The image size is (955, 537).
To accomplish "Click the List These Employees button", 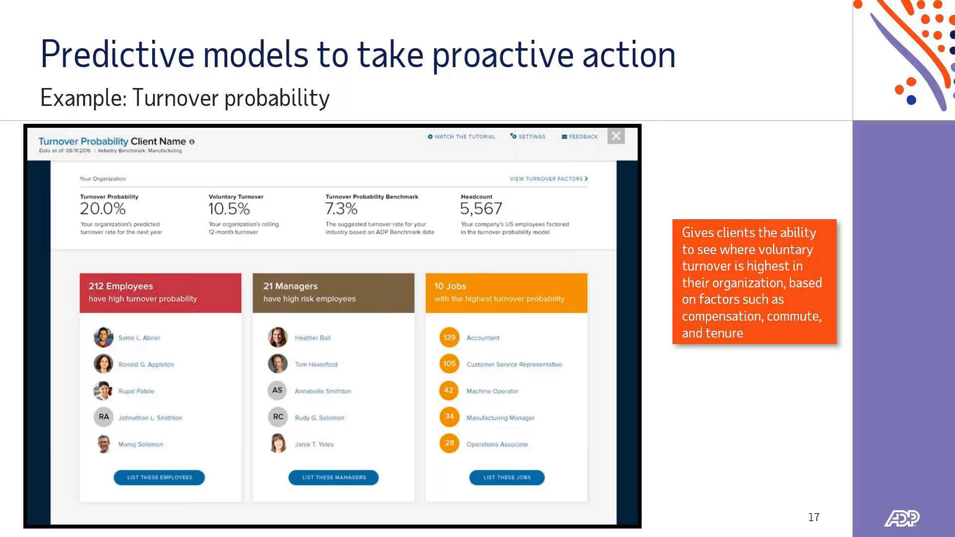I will click(x=159, y=477).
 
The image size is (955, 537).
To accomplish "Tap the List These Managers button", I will click(x=333, y=477).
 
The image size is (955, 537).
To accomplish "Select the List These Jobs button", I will click(x=507, y=477).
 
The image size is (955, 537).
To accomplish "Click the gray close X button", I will click(x=616, y=136).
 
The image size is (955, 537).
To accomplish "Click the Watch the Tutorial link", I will click(x=462, y=137).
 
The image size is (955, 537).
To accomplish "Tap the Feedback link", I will click(x=580, y=137).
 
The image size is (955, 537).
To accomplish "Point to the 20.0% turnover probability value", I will click(x=103, y=209).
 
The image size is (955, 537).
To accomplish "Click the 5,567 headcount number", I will click(x=481, y=209).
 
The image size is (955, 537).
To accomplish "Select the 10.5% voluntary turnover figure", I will click(x=229, y=209).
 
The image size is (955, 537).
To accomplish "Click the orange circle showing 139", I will click(x=449, y=338).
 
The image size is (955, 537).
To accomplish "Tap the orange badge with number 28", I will click(x=449, y=443).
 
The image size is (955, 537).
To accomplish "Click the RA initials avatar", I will click(x=103, y=417).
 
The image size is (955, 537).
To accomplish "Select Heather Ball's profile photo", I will click(x=278, y=337).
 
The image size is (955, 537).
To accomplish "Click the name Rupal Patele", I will click(x=136, y=391).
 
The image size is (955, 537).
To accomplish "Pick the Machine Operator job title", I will click(x=492, y=391).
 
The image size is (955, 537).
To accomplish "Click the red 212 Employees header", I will click(x=160, y=292).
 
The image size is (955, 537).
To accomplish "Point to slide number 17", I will click(x=814, y=517).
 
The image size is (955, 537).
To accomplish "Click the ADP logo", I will click(x=901, y=518).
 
